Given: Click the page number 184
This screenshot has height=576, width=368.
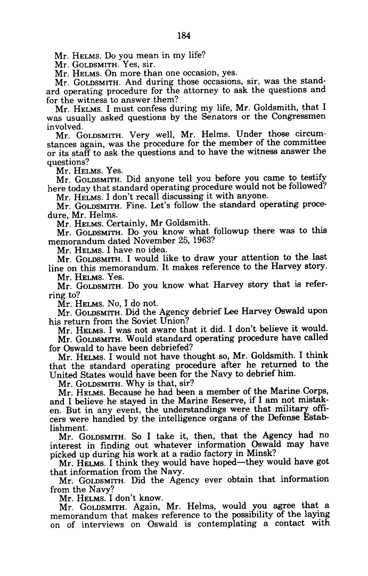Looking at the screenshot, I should point(184,36).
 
